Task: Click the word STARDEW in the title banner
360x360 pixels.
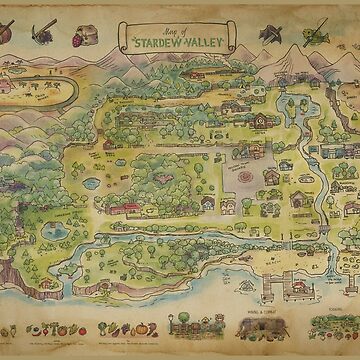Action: pos(161,44)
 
